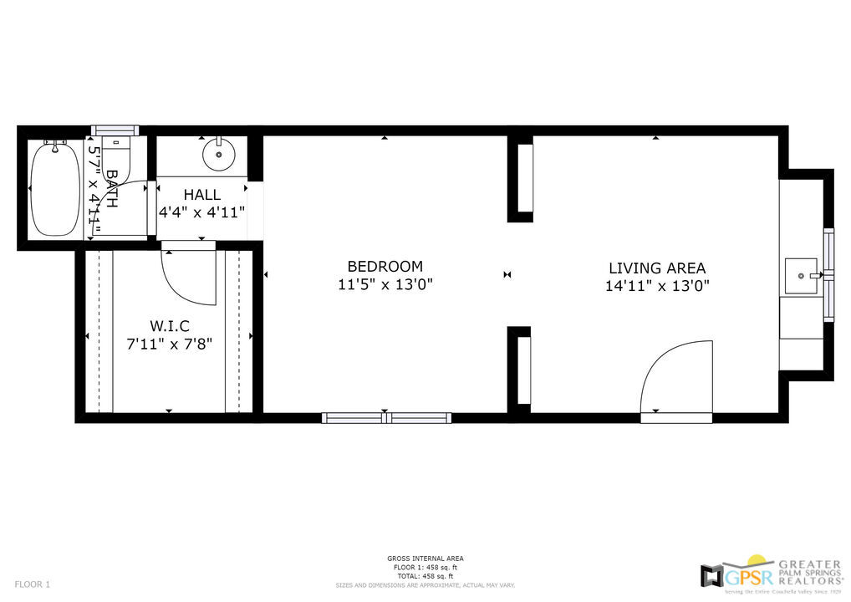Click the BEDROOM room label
[x=385, y=267]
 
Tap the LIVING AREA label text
[x=656, y=268]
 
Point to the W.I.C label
[x=170, y=325]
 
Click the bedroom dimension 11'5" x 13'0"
[x=385, y=285]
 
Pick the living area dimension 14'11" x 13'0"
[x=656, y=286]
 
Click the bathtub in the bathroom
[x=55, y=189]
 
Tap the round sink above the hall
[x=219, y=155]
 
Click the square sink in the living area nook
[x=802, y=273]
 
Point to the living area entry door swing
[x=677, y=376]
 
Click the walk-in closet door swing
[x=188, y=276]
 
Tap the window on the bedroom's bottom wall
[x=386, y=417]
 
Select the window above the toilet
[x=115, y=130]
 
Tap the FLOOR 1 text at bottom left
[x=33, y=584]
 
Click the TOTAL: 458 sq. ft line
[x=425, y=576]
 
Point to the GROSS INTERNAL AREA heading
[x=425, y=559]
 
